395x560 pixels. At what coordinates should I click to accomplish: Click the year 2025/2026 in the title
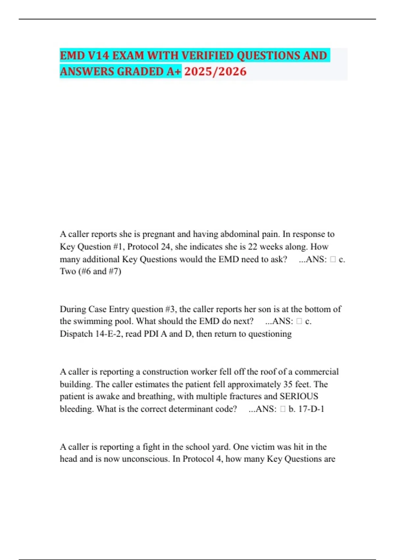(x=215, y=71)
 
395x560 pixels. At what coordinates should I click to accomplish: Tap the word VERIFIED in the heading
(x=207, y=55)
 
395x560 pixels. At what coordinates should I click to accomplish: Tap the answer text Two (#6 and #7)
(x=91, y=271)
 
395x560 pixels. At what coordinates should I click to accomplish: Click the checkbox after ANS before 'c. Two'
(x=333, y=260)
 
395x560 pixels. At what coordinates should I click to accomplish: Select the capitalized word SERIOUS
(x=299, y=396)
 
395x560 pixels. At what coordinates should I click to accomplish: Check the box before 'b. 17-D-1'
(x=283, y=409)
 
